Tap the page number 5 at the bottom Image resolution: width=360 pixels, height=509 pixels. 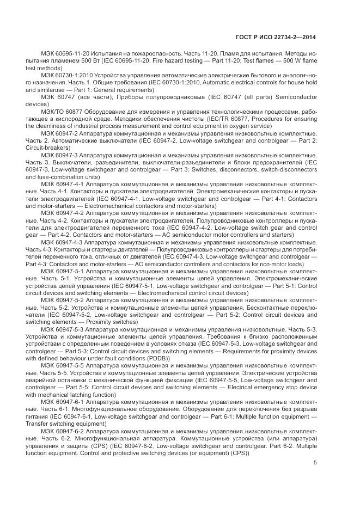(x=316, y=463)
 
